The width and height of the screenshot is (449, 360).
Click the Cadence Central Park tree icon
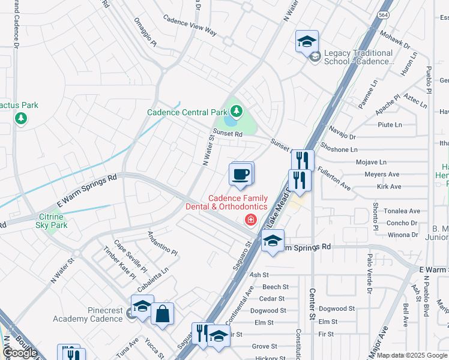[237, 111]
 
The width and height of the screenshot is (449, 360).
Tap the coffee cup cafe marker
[241, 175]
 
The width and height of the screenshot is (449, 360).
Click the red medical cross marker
[250, 221]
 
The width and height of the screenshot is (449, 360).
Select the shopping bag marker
[162, 314]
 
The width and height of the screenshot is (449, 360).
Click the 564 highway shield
[382, 14]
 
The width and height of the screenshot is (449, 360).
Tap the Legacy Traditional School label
[358, 57]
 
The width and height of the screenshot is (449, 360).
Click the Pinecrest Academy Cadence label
[87, 314]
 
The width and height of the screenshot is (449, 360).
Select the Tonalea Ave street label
[402, 211]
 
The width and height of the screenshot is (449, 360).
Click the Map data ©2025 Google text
[412, 355]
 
